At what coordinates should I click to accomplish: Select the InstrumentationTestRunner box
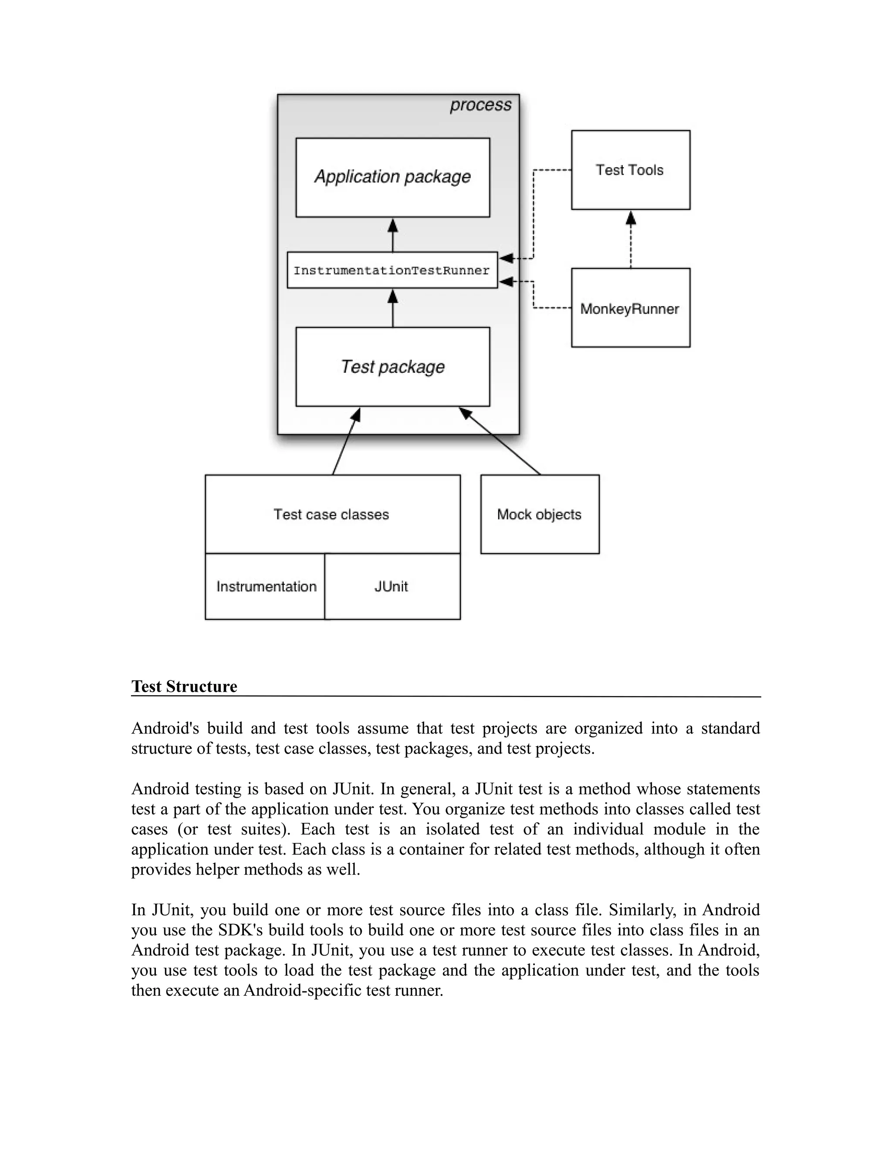point(392,270)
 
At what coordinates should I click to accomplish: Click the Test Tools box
point(630,170)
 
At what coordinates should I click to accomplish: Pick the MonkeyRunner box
point(630,308)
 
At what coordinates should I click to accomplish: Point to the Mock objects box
point(539,514)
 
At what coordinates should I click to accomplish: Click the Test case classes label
point(331,514)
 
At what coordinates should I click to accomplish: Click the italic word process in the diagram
point(480,105)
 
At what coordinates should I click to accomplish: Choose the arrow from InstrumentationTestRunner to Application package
point(393,236)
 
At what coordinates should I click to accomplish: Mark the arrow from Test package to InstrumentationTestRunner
point(393,308)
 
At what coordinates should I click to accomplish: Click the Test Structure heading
point(184,686)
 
